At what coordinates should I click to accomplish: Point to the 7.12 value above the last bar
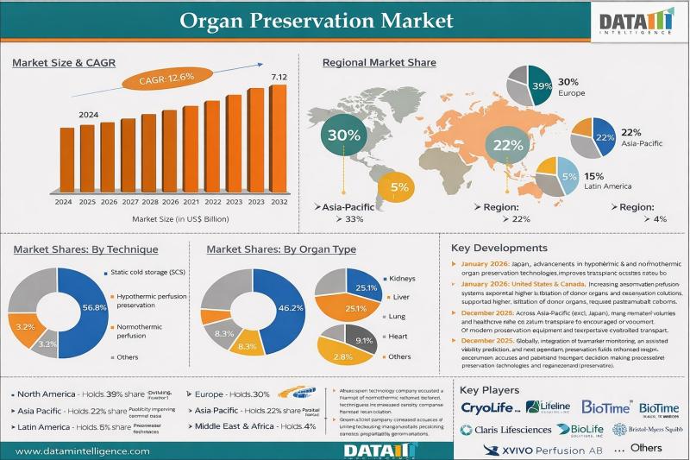(x=279, y=78)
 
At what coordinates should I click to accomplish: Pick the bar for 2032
(x=278, y=139)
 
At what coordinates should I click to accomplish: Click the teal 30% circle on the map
(x=343, y=135)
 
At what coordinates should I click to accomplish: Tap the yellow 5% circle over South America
(x=398, y=187)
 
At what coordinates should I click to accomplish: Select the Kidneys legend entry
(x=402, y=279)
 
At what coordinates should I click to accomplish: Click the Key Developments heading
(x=499, y=248)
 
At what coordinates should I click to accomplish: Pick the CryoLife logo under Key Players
(x=490, y=406)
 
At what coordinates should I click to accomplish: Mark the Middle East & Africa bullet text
(x=238, y=426)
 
